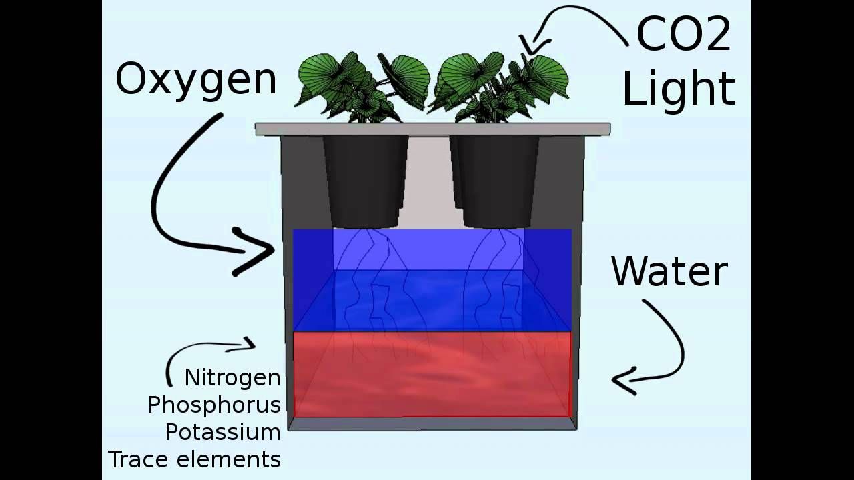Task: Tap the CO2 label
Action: (x=683, y=35)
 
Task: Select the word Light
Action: (x=679, y=89)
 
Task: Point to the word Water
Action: (x=669, y=272)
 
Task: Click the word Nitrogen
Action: (x=232, y=378)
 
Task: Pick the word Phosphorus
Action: (x=214, y=405)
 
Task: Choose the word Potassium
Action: (x=223, y=433)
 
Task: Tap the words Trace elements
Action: (x=194, y=460)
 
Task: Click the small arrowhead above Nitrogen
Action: (x=248, y=345)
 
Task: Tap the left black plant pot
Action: (x=366, y=180)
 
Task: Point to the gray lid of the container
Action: (x=432, y=129)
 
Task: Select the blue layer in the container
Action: (x=432, y=280)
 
